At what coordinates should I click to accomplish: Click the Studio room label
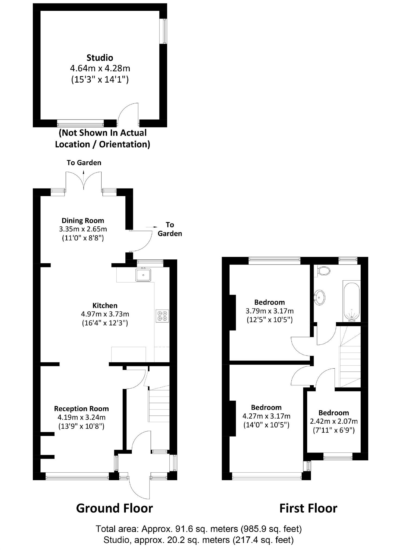coord(100,58)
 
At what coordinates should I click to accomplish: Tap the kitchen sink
coord(143,275)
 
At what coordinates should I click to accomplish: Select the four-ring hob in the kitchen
coord(162,316)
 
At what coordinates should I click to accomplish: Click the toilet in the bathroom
coord(324,270)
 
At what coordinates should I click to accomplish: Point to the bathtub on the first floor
coord(352,301)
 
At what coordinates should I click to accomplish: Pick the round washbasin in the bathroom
coord(319,297)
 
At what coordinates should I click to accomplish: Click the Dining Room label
coord(83,220)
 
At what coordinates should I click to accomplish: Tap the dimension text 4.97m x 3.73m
coord(105,314)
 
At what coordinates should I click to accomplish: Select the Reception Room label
coord(81,408)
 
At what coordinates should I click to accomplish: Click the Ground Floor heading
coord(114,508)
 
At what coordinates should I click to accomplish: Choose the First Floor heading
coord(308,508)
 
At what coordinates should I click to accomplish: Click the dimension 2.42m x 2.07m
coord(334,421)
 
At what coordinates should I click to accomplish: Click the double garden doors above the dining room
coord(84,180)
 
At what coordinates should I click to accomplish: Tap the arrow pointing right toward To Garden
coord(152,227)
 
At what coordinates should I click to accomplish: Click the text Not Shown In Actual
coord(103,133)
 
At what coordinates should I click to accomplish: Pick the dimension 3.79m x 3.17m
coord(269,311)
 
